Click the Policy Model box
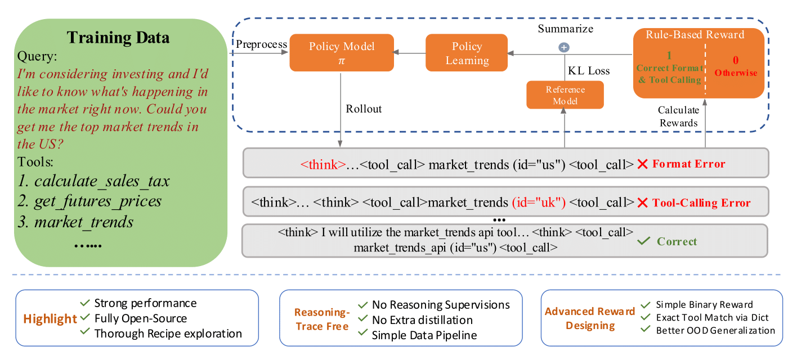(x=342, y=53)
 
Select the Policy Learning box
(x=467, y=53)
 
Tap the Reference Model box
(x=565, y=95)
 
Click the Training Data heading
(x=118, y=38)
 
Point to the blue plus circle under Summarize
(x=564, y=47)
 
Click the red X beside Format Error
(x=642, y=164)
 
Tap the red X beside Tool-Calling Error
(x=642, y=203)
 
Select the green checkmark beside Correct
(x=643, y=241)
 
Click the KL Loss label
(x=589, y=71)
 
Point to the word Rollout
(x=364, y=109)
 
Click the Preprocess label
(x=261, y=44)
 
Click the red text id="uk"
(x=539, y=202)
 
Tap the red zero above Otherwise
(x=736, y=60)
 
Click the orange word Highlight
(x=50, y=319)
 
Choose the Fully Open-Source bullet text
(x=141, y=318)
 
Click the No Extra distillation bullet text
(x=422, y=320)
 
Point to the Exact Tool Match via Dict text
(x=712, y=317)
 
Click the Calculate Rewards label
(x=678, y=116)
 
